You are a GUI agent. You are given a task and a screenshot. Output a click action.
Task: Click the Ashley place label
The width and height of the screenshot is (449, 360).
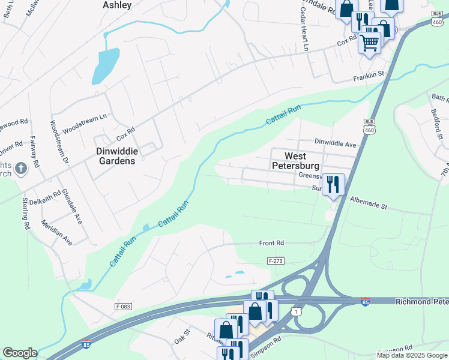click(x=116, y=4)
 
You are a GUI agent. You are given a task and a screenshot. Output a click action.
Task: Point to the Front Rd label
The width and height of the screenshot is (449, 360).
click(x=271, y=243)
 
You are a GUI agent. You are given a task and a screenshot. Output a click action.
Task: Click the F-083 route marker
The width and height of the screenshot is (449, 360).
click(x=122, y=306)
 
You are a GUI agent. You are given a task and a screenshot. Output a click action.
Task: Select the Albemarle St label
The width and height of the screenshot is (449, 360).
click(x=369, y=203)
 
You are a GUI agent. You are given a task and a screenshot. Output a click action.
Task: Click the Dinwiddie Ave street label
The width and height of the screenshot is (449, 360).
click(x=336, y=144)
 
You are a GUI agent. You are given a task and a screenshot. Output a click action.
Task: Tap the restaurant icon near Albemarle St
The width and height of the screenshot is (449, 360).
click(x=333, y=183)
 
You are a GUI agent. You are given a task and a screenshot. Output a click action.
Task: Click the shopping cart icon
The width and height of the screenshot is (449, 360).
click(x=370, y=42)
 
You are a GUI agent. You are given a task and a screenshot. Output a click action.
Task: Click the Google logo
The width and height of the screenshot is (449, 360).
click(x=20, y=353)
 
